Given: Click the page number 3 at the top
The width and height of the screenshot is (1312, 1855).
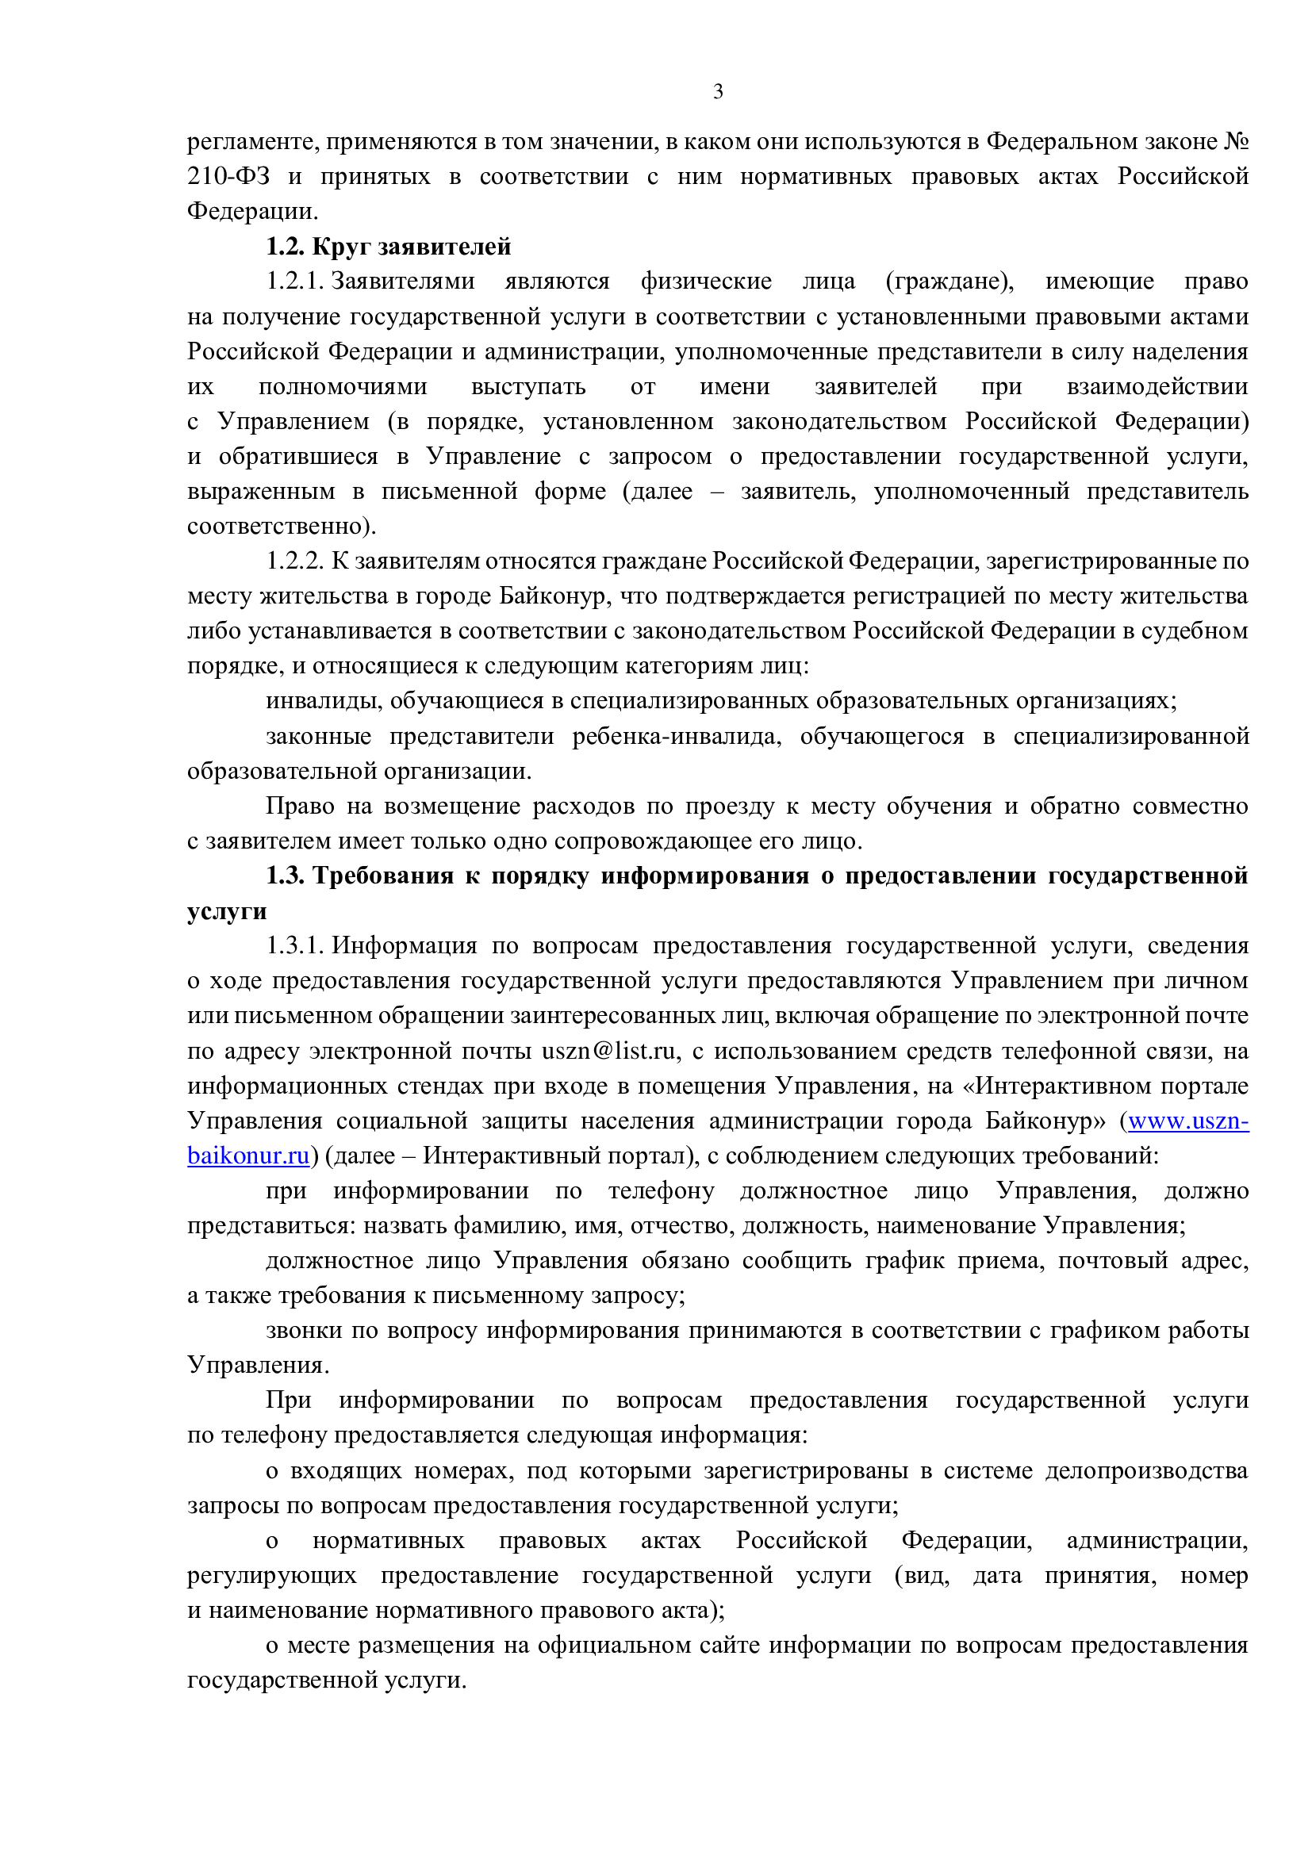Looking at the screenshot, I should click(718, 92).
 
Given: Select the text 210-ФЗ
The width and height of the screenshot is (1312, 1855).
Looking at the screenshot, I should click(228, 177).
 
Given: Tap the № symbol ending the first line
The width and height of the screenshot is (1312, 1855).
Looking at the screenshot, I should click(1236, 142).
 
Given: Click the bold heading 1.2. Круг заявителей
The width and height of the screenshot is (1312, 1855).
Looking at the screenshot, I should click(389, 247).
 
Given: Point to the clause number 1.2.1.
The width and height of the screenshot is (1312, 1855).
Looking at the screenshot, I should click(295, 282).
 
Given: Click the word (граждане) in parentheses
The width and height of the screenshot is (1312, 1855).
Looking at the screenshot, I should click(949, 282).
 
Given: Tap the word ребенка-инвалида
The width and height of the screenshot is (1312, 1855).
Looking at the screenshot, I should click(676, 737).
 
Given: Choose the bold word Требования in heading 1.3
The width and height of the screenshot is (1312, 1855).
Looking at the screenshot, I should click(383, 876).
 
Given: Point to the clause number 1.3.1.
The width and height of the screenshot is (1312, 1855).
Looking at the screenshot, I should click(295, 945).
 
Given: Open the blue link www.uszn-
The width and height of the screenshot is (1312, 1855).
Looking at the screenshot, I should click(1187, 1121).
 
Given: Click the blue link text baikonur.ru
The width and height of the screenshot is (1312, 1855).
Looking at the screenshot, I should click(248, 1156).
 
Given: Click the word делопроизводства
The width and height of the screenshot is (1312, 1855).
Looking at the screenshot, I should click(1146, 1470).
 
